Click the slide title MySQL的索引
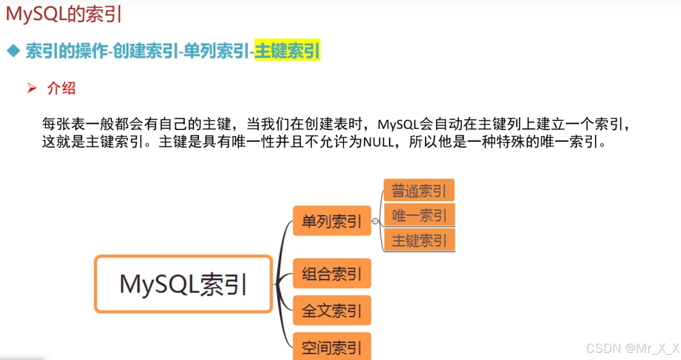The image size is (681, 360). click(x=64, y=14)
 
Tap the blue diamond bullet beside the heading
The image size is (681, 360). click(x=14, y=51)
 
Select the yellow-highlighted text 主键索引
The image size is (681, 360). click(x=287, y=51)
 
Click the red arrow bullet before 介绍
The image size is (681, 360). click(x=32, y=88)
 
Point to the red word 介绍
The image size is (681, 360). click(x=61, y=88)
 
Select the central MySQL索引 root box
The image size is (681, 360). click(x=183, y=284)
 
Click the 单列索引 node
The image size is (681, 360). click(x=332, y=221)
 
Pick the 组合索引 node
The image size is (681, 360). click(x=332, y=273)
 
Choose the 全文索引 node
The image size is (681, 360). click(x=332, y=310)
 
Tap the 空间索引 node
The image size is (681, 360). click(x=332, y=347)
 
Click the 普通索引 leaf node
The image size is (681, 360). click(x=419, y=190)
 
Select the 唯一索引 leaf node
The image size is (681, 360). click(x=419, y=215)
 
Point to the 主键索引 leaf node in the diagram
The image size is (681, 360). click(x=419, y=240)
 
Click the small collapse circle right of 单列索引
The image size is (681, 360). click(x=375, y=221)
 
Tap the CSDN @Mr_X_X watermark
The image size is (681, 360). click(x=632, y=348)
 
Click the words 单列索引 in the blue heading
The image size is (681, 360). click(x=216, y=51)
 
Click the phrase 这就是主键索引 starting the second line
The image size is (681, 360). click(x=93, y=142)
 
